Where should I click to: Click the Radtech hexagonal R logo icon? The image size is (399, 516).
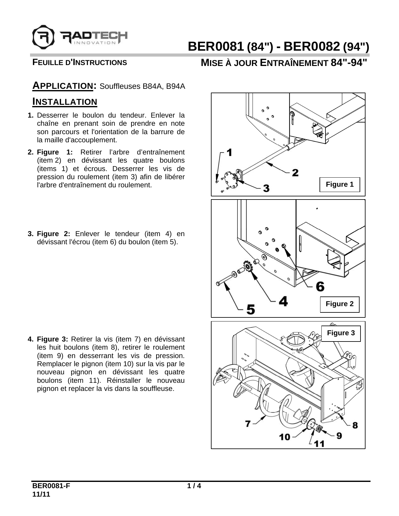pos(43,36)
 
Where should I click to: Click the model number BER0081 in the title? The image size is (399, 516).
pos(215,47)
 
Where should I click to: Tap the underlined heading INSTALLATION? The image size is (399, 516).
pos(65,102)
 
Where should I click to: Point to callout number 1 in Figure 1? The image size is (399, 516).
pos(229,152)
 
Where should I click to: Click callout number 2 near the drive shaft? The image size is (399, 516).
pos(295,172)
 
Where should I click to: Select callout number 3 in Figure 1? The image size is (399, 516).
pos(266,188)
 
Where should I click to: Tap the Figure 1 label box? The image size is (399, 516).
pos(340,185)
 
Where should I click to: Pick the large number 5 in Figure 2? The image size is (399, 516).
pos(251,309)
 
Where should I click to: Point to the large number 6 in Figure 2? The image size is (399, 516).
pos(320,286)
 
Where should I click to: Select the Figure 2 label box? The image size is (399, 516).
pos(340,304)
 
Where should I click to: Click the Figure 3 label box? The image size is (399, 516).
pos(341,333)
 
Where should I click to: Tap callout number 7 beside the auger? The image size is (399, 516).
pos(248,424)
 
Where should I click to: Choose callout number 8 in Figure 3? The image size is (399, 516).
pos(355,425)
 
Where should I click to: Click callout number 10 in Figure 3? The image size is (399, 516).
pos(285,437)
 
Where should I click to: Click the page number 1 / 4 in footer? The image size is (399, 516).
pos(194,486)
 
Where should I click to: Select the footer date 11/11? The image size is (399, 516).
pos(41,494)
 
